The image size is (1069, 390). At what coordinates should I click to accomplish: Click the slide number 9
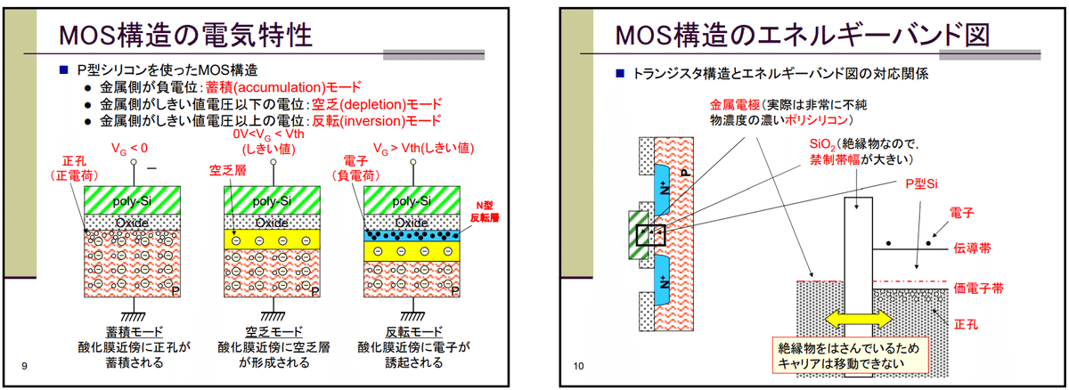[24, 366]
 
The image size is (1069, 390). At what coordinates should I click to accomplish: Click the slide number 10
[578, 366]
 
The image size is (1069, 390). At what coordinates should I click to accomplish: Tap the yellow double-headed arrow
[858, 319]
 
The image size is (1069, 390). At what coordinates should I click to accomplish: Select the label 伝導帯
[972, 248]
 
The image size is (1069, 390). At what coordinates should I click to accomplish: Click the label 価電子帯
[978, 288]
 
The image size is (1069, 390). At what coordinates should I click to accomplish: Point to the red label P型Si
[921, 184]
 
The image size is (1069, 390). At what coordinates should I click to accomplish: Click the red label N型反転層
[485, 212]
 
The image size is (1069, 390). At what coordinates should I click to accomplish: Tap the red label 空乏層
[228, 170]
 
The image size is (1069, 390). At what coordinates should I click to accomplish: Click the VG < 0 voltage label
[129, 149]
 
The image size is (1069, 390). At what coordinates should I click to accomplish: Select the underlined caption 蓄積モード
[135, 331]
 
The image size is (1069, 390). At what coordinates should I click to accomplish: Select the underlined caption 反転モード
[413, 331]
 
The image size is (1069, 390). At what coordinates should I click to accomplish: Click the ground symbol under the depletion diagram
[273, 316]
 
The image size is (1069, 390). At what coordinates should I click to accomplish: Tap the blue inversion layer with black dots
[412, 236]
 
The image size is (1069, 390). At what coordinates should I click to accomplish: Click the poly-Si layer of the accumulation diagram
[132, 200]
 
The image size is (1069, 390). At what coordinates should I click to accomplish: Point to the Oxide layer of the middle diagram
[272, 223]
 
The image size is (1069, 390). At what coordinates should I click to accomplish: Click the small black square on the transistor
[650, 235]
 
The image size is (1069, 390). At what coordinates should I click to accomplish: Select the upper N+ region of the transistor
[664, 190]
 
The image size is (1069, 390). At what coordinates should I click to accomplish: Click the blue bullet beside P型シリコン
[64, 70]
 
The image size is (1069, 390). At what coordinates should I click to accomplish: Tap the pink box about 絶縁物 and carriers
[851, 355]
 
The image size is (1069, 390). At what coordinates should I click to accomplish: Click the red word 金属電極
[734, 104]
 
